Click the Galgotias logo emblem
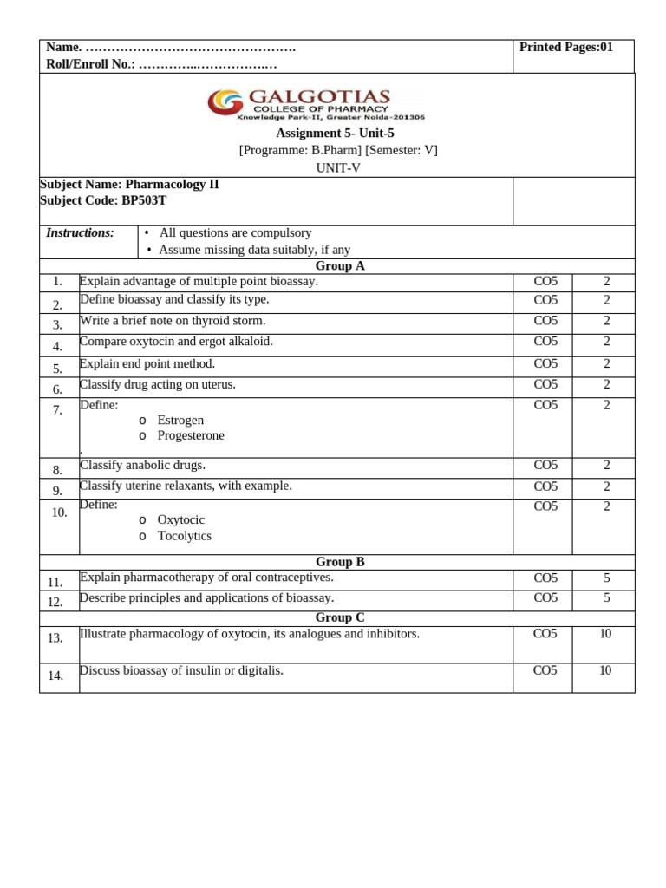click(225, 102)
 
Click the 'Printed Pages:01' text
click(565, 48)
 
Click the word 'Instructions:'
click(80, 232)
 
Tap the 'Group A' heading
click(339, 266)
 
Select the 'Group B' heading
click(339, 562)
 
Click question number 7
click(57, 410)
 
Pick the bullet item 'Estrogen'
click(180, 421)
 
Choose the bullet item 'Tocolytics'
click(184, 536)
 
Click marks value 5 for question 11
click(606, 578)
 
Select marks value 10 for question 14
click(605, 670)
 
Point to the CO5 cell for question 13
click(545, 634)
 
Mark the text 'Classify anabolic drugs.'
click(142, 466)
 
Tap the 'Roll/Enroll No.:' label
click(90, 64)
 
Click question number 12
click(55, 602)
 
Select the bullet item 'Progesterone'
click(191, 435)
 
